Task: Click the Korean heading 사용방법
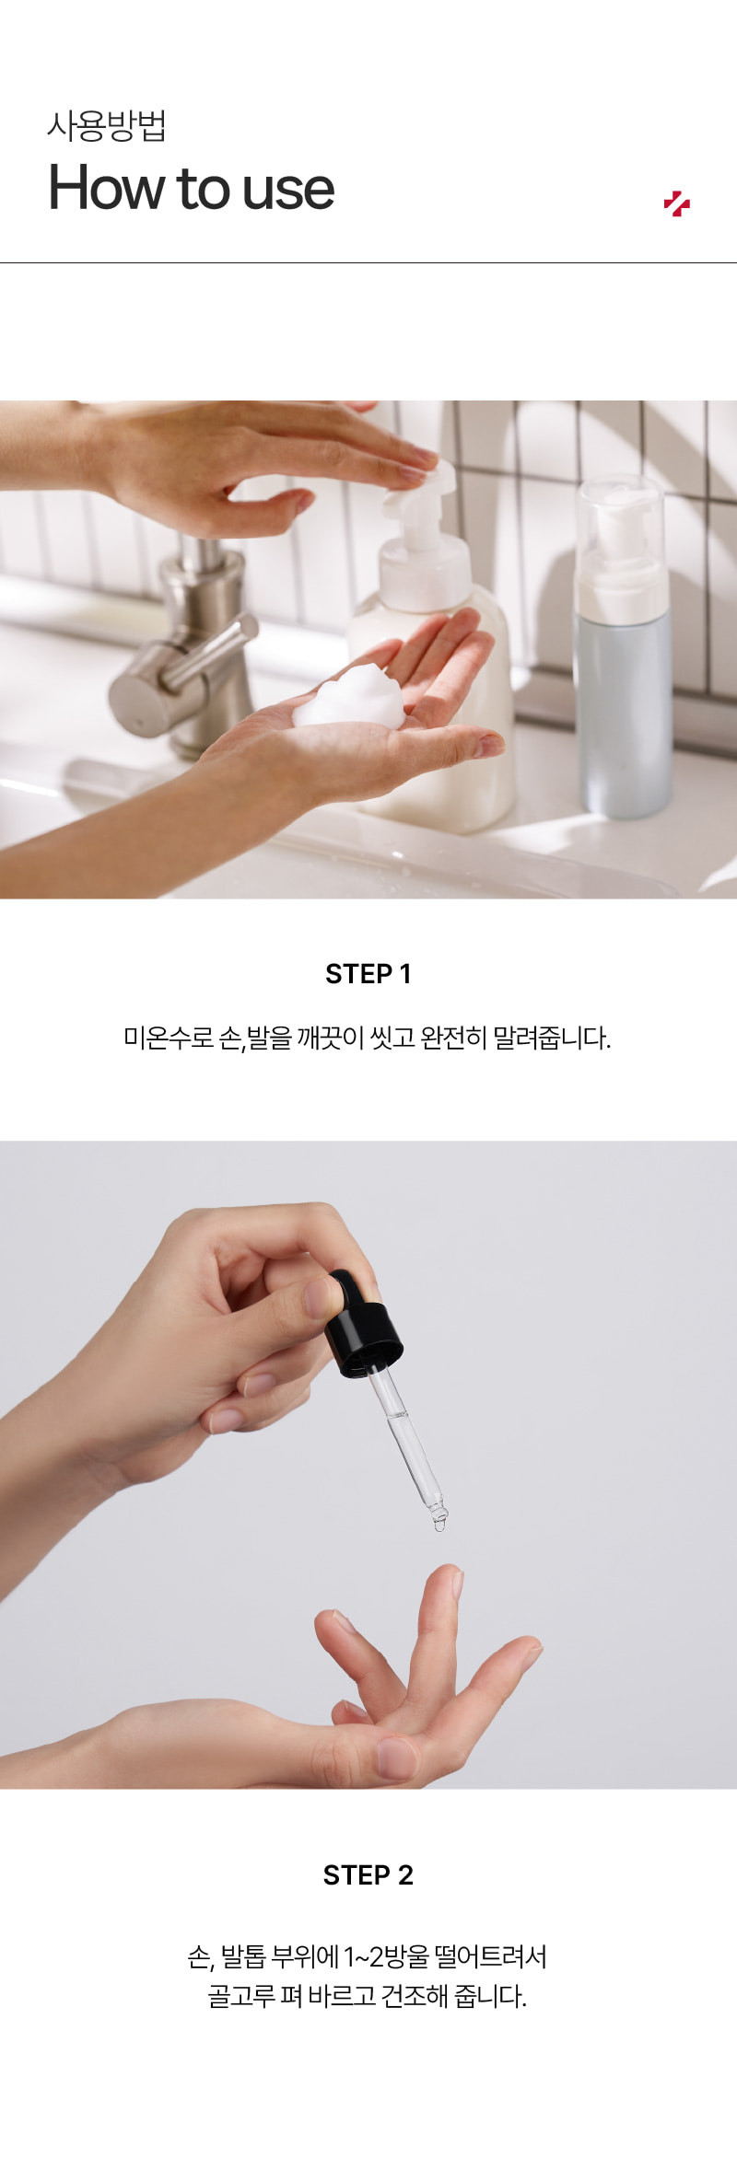pyautogui.click(x=107, y=125)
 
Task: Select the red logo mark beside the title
pyautogui.click(x=677, y=203)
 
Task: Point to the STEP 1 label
pyautogui.click(x=368, y=973)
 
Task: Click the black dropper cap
pyautogui.click(x=362, y=1326)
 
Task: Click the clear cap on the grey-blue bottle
pyautogui.click(x=620, y=543)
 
